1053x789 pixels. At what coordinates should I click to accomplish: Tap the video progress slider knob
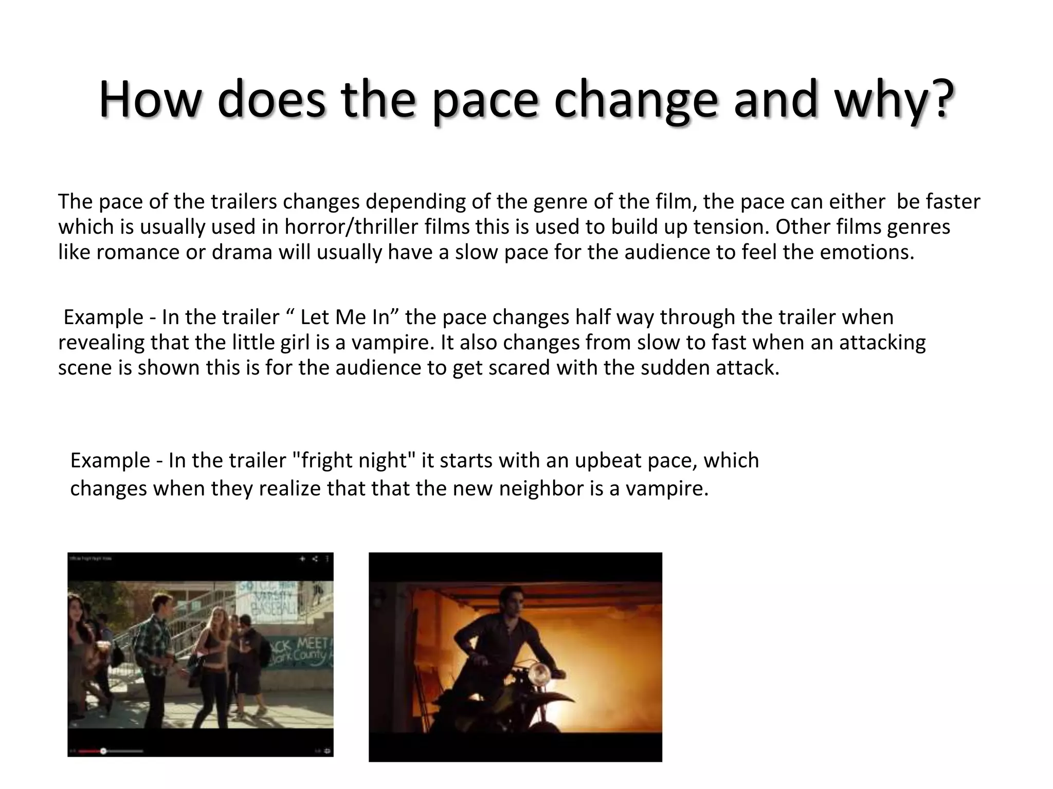(x=103, y=751)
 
